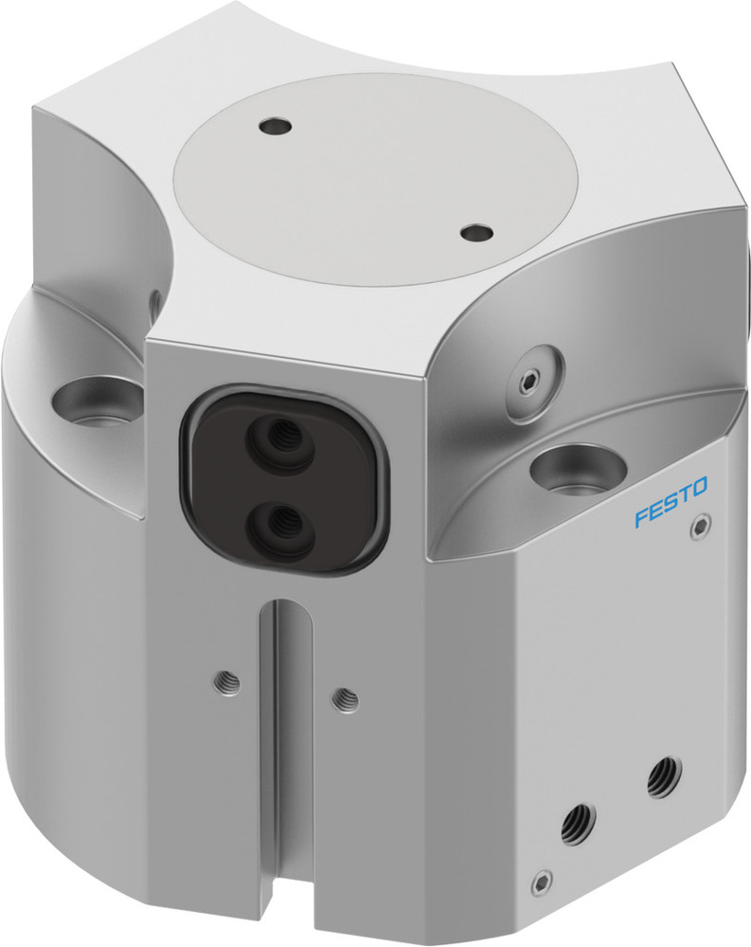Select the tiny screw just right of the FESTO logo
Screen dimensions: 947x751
700,523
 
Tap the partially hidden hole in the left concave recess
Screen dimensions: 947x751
153,305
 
